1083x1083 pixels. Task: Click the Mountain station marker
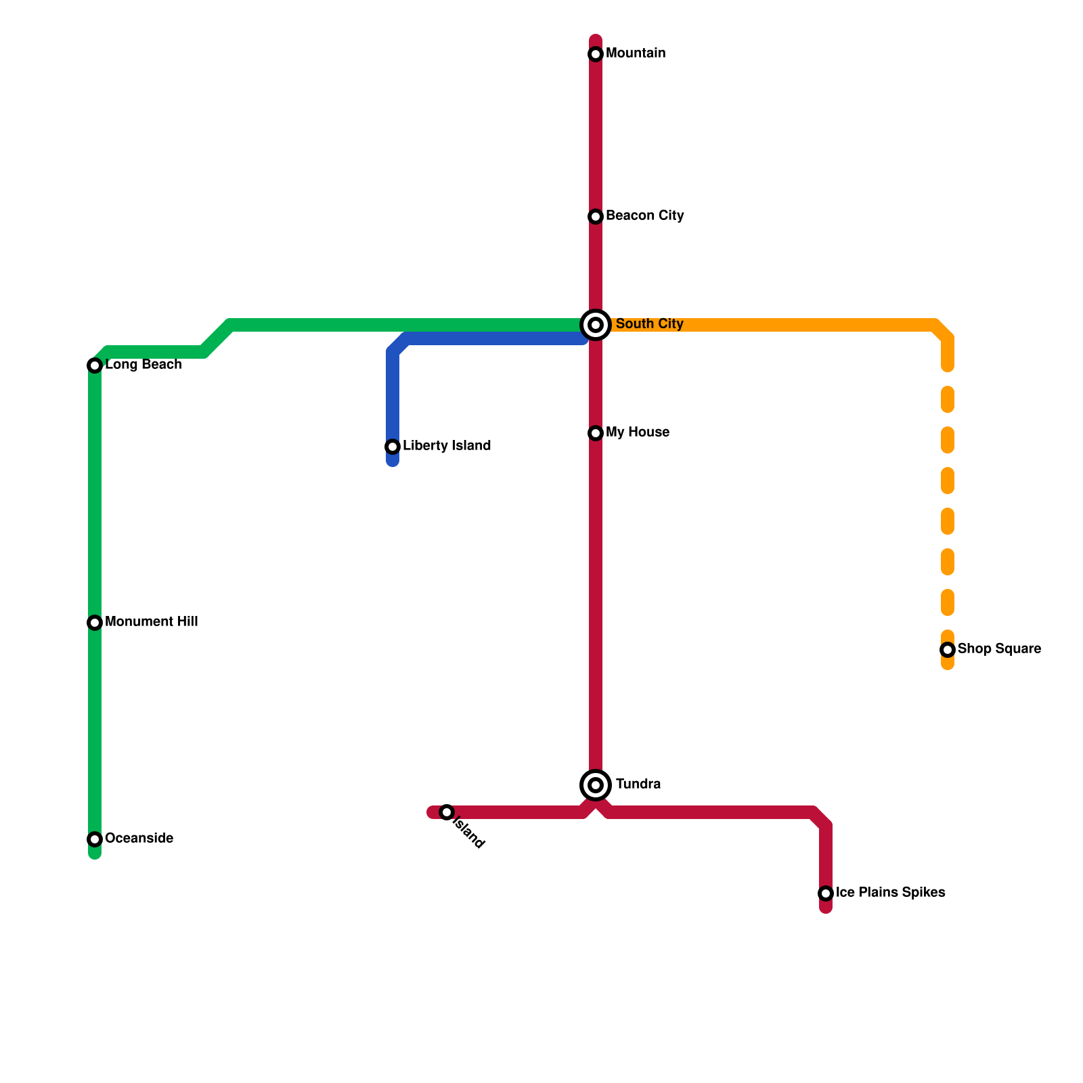pos(596,54)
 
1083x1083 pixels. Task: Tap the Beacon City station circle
pos(596,217)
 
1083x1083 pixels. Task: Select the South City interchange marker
pos(596,325)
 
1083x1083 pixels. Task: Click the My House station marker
pos(596,433)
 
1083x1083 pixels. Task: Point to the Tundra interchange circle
pos(596,785)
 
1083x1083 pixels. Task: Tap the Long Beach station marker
pos(95,366)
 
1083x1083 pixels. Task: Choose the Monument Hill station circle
pos(95,623)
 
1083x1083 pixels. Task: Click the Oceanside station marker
pos(95,839)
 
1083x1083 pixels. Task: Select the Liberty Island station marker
pos(393,447)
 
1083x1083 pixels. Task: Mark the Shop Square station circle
pos(948,650)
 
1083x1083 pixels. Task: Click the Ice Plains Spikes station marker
pos(826,893)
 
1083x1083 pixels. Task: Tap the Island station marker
pos(447,812)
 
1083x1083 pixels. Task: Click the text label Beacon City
pos(644,216)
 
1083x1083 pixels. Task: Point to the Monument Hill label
pos(151,622)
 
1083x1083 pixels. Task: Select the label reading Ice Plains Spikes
pos(890,893)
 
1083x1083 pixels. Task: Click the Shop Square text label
pos(999,649)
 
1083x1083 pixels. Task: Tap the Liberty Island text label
pos(447,446)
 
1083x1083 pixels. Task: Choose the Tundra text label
pos(638,784)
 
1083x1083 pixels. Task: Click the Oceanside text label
pos(139,839)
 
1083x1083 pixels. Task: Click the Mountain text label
pos(636,53)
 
